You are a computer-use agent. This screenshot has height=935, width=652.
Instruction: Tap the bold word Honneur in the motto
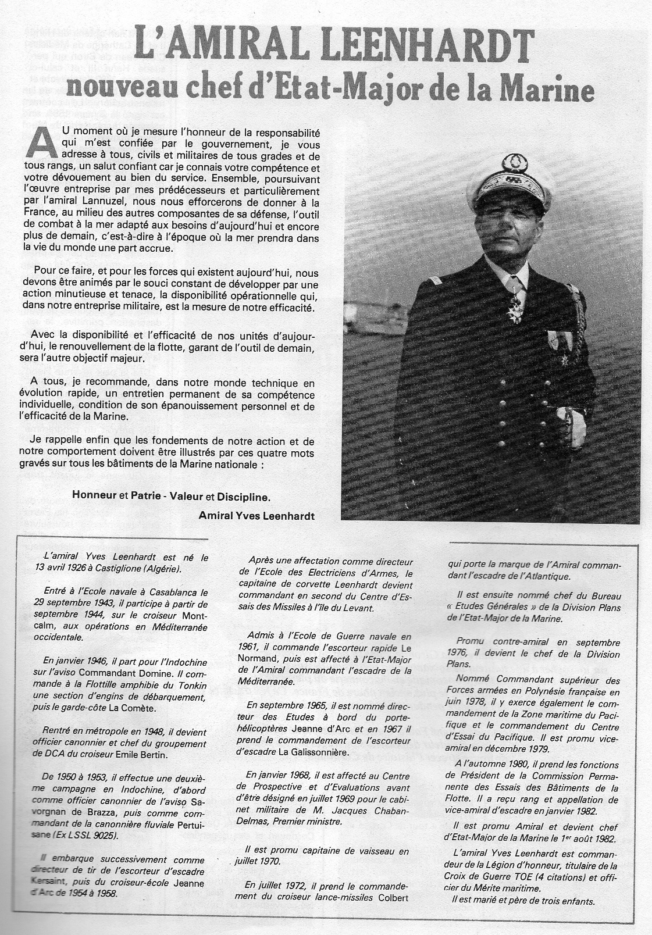tap(94, 497)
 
